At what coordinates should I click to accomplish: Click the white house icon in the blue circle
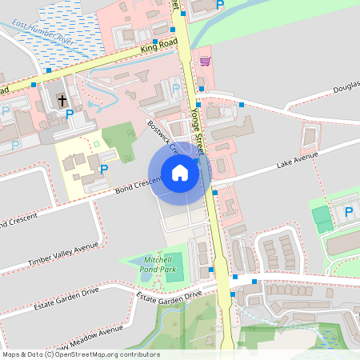(x=180, y=173)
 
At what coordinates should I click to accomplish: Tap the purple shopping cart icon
(x=206, y=62)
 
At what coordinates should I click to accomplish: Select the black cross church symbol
(x=62, y=100)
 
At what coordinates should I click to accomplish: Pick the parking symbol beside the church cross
(x=70, y=114)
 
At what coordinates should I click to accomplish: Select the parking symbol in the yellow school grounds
(x=104, y=169)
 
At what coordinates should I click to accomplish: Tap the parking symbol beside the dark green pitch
(x=348, y=212)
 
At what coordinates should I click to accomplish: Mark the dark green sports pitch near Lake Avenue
(x=321, y=215)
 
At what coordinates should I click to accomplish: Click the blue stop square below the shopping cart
(x=201, y=88)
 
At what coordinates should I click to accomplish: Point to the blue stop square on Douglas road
(x=242, y=105)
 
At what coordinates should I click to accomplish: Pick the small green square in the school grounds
(x=97, y=143)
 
